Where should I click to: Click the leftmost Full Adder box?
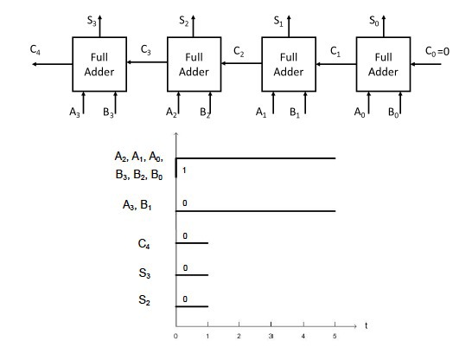[99, 64]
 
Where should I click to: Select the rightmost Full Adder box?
[383, 64]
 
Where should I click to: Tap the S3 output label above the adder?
[92, 21]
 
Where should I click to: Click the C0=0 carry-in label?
[437, 51]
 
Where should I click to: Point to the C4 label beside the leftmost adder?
[35, 49]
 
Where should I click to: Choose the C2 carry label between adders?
[239, 52]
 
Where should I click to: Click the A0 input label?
[360, 112]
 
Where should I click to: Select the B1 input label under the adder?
[295, 112]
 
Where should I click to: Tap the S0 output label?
[373, 21]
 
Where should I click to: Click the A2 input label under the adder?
[171, 112]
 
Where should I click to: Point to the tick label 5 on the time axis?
[335, 336]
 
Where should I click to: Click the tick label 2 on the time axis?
[239, 336]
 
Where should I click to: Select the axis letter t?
[366, 325]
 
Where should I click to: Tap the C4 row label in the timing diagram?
[144, 244]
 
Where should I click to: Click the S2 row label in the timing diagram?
[144, 300]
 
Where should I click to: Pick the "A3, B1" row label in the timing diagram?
[137, 205]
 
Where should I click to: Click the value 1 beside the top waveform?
[184, 170]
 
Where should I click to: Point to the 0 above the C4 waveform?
[185, 236]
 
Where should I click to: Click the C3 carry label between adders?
[146, 49]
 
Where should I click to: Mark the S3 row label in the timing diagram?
[144, 273]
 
